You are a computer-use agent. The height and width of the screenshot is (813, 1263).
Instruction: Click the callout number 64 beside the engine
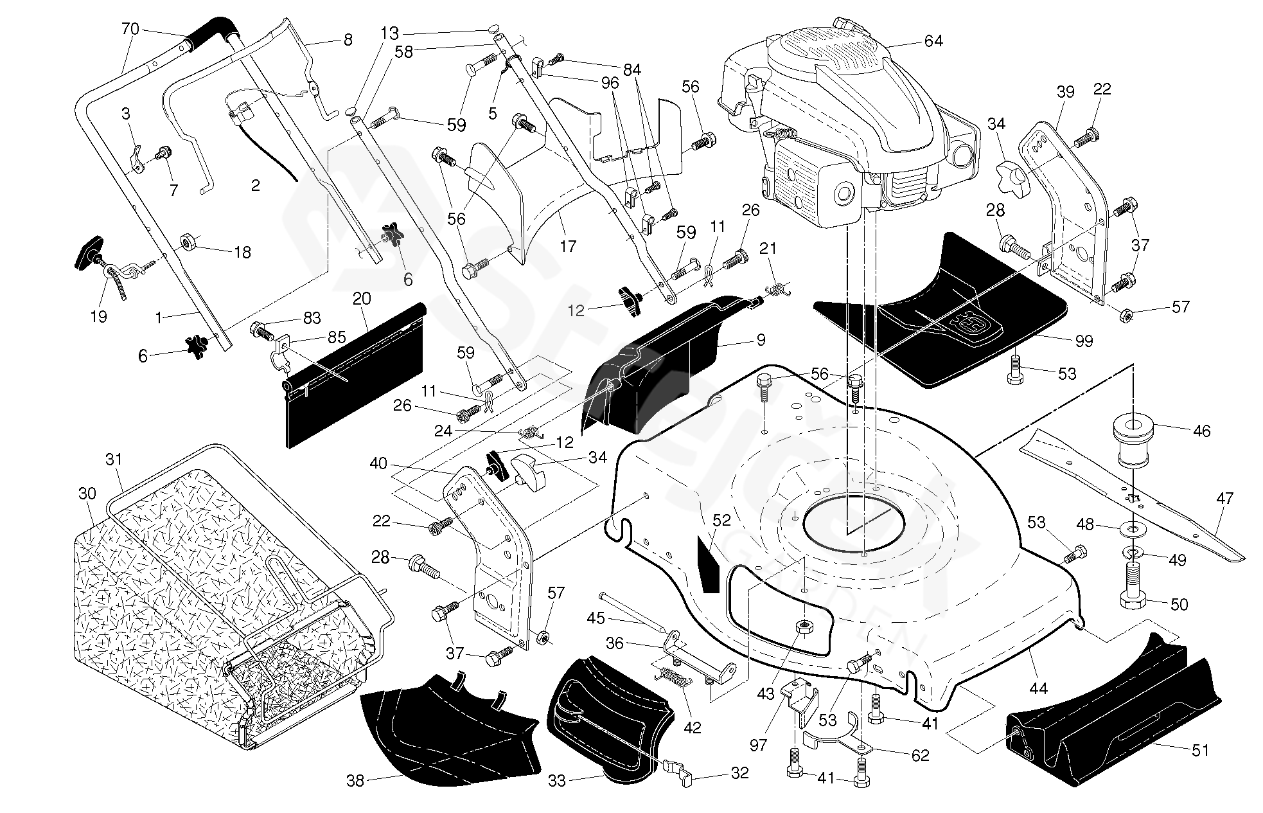(x=933, y=41)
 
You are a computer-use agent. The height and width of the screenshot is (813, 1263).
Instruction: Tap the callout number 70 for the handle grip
(x=130, y=28)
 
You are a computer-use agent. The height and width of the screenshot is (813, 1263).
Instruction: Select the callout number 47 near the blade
(x=1224, y=498)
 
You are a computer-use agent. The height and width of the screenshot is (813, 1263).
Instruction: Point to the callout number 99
(x=1084, y=341)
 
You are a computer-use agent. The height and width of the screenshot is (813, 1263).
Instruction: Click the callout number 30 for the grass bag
(x=87, y=494)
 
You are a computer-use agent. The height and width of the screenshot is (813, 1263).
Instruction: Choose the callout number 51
(x=1200, y=750)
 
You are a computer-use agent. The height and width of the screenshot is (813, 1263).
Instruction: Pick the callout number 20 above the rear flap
(x=362, y=299)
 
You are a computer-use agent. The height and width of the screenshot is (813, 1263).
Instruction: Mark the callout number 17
(x=568, y=246)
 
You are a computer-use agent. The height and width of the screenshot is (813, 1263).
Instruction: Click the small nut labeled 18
(x=188, y=242)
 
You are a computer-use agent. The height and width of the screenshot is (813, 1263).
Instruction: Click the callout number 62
(x=920, y=755)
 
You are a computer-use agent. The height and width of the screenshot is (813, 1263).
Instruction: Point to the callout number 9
(x=761, y=340)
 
